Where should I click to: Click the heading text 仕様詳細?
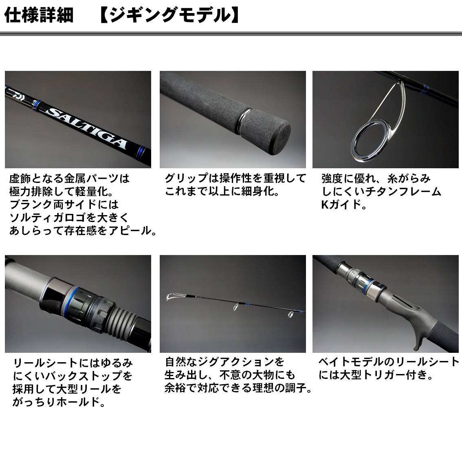tap(39, 15)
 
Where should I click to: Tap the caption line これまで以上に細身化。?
tap(222, 191)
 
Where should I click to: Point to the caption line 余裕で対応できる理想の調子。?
tap(238, 388)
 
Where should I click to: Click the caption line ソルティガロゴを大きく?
tap(69, 217)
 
